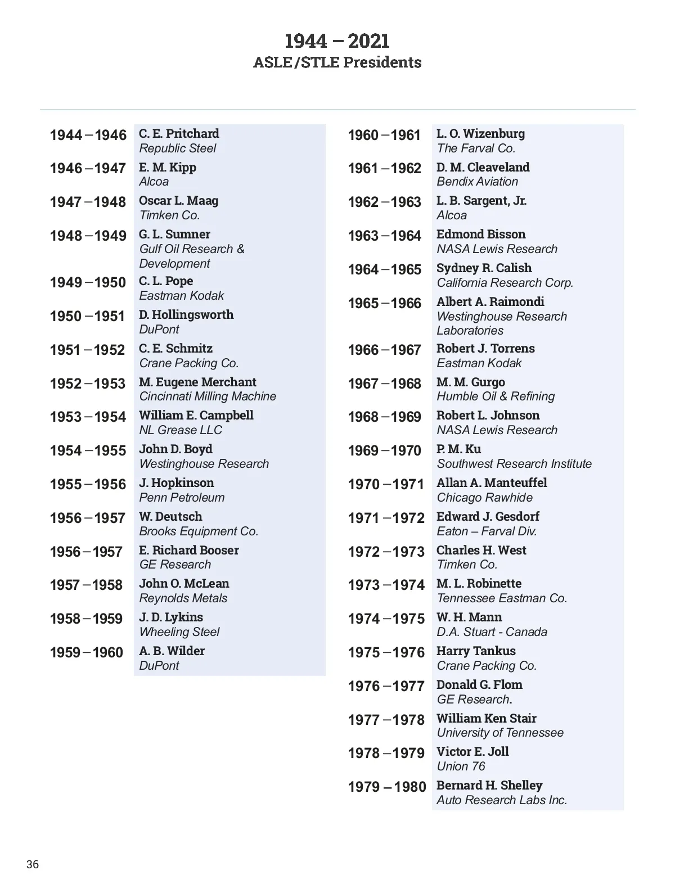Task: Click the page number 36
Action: pos(33,864)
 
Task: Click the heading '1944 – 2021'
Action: pos(337,41)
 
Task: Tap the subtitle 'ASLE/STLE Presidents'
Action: pos(337,62)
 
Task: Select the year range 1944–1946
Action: pos(88,135)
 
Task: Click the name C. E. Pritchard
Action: pos(179,133)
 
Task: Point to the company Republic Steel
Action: pos(177,148)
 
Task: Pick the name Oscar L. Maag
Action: pos(178,201)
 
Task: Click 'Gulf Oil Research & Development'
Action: pos(191,256)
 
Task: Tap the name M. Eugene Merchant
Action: pos(197,382)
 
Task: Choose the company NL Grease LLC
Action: pos(180,430)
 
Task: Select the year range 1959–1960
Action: pos(86,652)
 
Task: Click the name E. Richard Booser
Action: pos(188,550)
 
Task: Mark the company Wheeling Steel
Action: pos(179,632)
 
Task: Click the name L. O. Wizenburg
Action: pos(480,133)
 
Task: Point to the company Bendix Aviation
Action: pos(477,182)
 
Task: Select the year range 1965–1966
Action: pos(384,304)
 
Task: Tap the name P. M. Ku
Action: pos(458,449)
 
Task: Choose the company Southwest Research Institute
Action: pos(514,464)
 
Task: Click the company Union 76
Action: pos(461,766)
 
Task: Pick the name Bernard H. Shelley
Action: pos(489,785)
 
